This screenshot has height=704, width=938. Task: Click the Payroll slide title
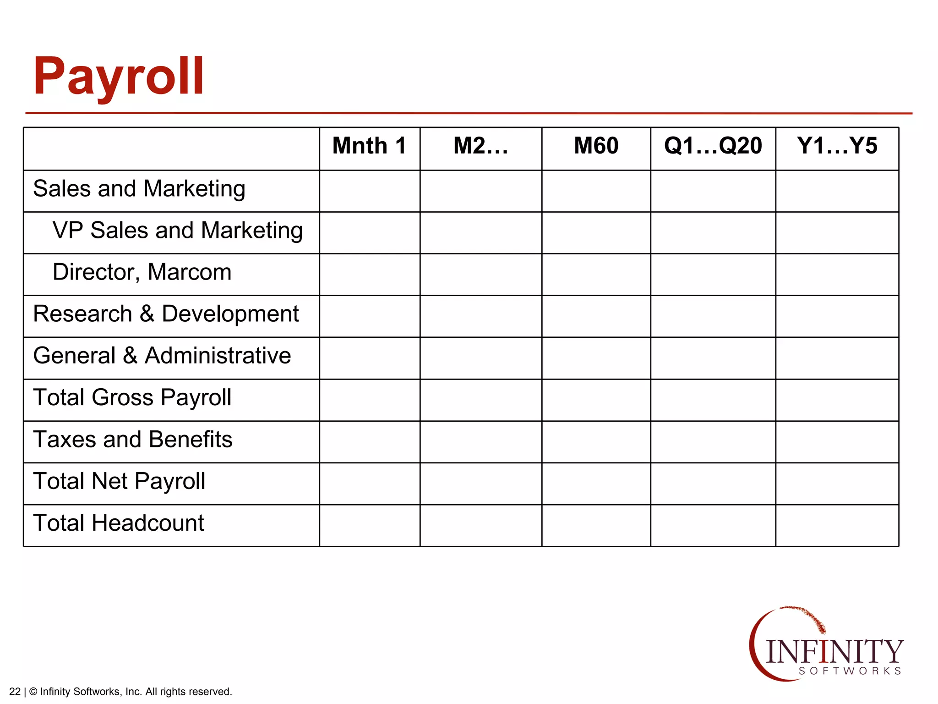click(x=118, y=77)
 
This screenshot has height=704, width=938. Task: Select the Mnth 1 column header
click(x=369, y=146)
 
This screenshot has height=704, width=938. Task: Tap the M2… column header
click(x=480, y=146)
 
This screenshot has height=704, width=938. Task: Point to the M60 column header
click(x=596, y=146)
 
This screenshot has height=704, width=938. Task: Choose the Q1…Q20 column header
click(x=713, y=146)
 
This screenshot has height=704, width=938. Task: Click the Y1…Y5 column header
click(x=837, y=146)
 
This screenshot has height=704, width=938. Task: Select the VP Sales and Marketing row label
click(x=177, y=231)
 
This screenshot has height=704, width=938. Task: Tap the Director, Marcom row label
click(x=142, y=272)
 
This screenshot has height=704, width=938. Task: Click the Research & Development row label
click(x=166, y=314)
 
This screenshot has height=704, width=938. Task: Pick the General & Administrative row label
click(x=162, y=356)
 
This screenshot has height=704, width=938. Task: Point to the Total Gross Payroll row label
click(x=132, y=398)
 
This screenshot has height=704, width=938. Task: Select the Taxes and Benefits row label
click(x=133, y=440)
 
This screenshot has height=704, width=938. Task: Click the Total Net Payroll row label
click(x=119, y=482)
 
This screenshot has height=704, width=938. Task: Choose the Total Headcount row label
click(x=119, y=523)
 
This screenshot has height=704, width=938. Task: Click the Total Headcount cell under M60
click(x=596, y=525)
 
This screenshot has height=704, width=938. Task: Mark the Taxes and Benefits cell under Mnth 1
click(x=369, y=442)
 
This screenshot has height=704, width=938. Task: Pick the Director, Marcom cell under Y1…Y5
click(x=837, y=275)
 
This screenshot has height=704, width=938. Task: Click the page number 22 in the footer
click(x=15, y=692)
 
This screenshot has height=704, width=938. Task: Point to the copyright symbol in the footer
click(x=33, y=692)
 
